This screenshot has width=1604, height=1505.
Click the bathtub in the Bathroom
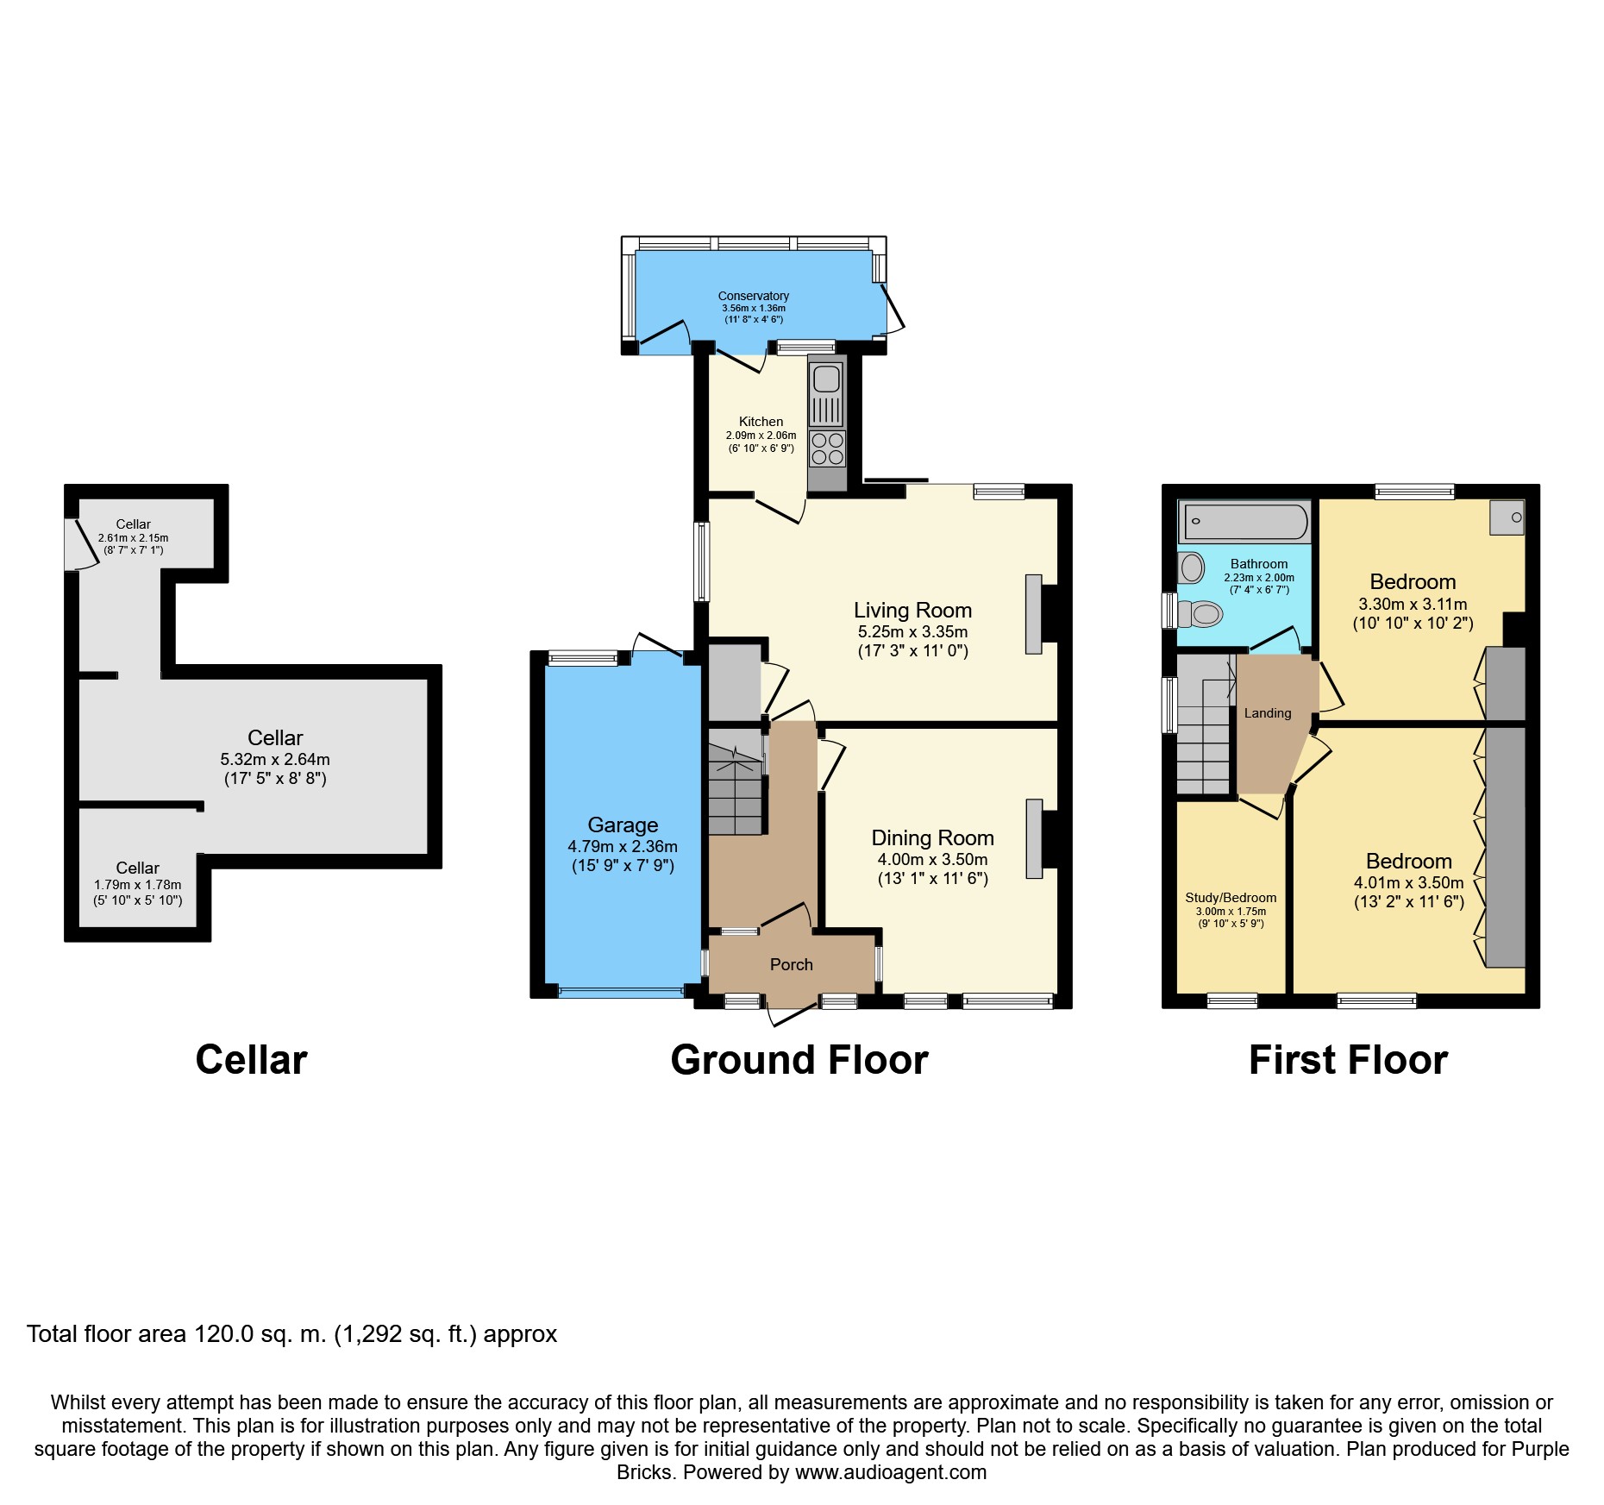[1245, 522]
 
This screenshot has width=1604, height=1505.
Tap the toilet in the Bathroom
[1200, 614]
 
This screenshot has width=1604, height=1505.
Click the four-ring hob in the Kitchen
[827, 448]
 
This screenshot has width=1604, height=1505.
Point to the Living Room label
[912, 611]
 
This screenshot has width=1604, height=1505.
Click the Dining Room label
[932, 837]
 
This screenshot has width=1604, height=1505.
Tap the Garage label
[623, 825]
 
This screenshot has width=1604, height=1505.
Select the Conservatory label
[753, 296]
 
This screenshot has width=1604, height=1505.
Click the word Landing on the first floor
[1267, 713]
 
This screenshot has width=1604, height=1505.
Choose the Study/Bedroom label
[1231, 898]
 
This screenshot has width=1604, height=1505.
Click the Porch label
[791, 964]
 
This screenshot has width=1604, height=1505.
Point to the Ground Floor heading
[799, 1060]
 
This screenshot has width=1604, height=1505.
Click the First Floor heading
[1348, 1060]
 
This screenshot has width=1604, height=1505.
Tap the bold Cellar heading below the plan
[251, 1060]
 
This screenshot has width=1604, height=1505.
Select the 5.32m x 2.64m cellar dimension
[275, 760]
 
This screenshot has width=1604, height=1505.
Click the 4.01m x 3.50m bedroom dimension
[1408, 883]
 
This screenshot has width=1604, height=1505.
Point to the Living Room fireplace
[1033, 614]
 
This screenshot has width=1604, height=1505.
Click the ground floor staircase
[736, 781]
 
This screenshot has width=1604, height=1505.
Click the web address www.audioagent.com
[891, 1472]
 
